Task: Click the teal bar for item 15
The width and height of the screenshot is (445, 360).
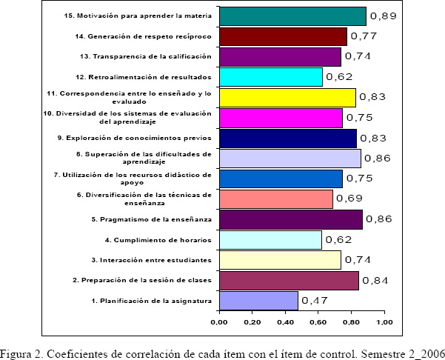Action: click(x=292, y=16)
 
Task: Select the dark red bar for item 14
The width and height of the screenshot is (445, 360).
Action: click(x=282, y=36)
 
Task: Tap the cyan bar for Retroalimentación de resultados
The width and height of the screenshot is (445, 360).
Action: click(x=270, y=77)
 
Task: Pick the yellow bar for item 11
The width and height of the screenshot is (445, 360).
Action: click(x=287, y=98)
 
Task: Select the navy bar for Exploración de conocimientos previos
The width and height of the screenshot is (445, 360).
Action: click(x=287, y=139)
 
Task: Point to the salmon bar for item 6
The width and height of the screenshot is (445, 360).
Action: click(x=275, y=199)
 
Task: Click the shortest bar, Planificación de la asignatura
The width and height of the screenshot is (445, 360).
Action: click(x=258, y=301)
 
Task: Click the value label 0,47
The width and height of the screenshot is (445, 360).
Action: click(x=314, y=301)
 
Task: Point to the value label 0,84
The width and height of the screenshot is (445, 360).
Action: click(x=375, y=280)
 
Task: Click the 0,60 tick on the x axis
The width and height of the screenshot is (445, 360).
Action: click(x=318, y=322)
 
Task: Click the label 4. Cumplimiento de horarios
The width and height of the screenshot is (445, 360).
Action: click(x=158, y=240)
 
